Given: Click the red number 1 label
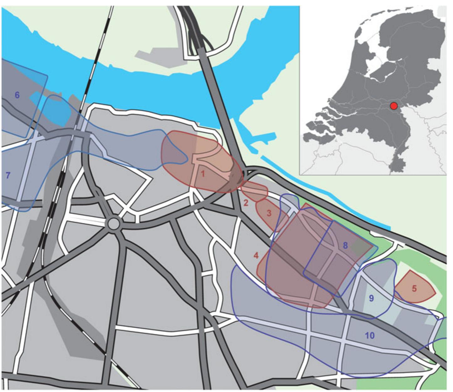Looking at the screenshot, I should click(203, 174).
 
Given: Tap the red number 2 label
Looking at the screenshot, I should click(246, 203).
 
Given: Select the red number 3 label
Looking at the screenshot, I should click(269, 213).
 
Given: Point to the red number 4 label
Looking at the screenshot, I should click(256, 256).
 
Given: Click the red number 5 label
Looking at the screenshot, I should click(414, 288).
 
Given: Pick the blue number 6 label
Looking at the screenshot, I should click(17, 95).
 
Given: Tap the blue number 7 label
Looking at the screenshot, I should click(8, 175).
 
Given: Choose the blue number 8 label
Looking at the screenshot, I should click(345, 245).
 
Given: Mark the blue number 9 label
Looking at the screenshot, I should click(371, 298).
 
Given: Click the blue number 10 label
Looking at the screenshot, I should click(370, 336).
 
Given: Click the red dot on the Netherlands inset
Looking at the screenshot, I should click(394, 106).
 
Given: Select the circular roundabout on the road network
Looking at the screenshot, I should click(114, 224).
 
